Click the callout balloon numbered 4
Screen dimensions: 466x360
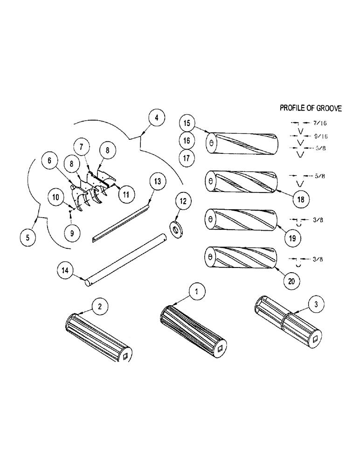point(157,118)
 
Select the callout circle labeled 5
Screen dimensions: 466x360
point(28,237)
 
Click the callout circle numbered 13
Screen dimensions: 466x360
point(157,180)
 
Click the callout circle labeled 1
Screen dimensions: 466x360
point(197,292)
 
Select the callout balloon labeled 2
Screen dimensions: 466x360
point(99,306)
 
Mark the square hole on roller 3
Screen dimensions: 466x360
point(318,339)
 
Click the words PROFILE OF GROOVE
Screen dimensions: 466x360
point(311,108)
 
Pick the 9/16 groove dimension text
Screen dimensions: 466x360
point(321,137)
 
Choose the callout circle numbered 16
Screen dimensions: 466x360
point(187,140)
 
